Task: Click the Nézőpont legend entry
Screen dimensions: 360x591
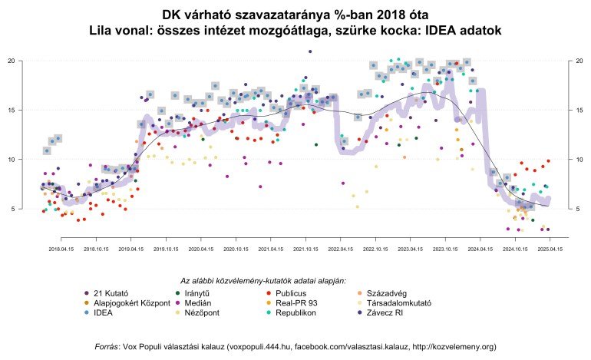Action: coord(199,313)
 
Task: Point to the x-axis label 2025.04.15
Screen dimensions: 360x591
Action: coord(550,249)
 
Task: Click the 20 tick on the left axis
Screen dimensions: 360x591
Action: coord(11,61)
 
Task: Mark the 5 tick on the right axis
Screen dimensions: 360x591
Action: coord(579,209)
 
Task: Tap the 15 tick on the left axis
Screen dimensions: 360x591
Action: coord(11,110)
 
